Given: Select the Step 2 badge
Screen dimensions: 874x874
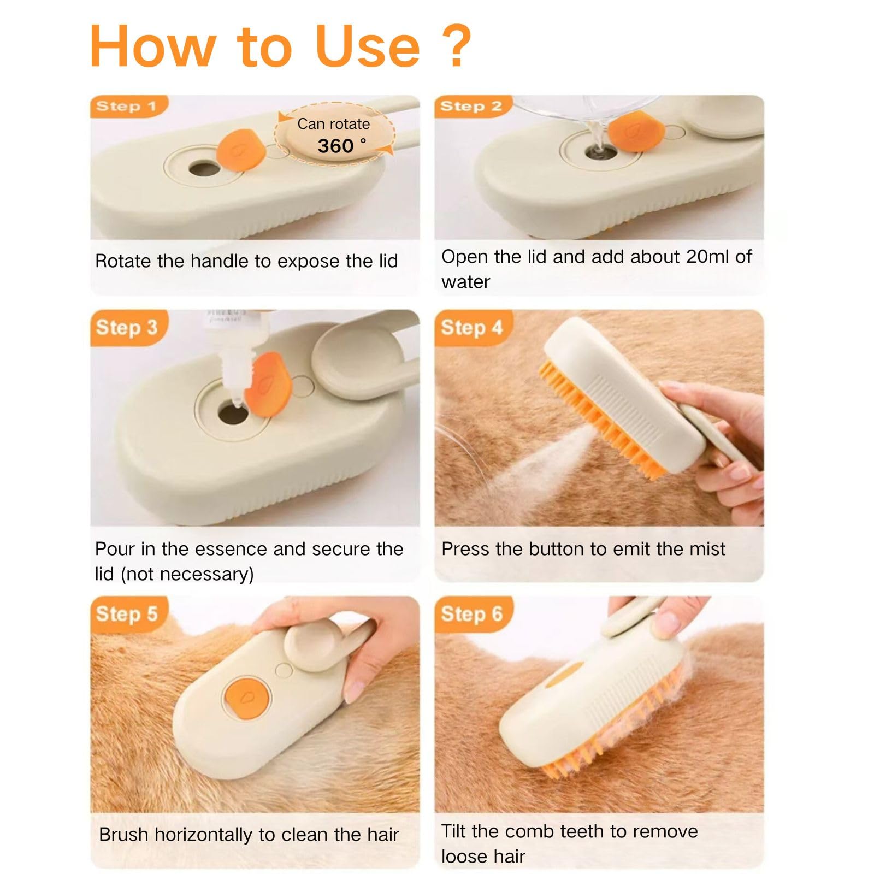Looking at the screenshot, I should [471, 106].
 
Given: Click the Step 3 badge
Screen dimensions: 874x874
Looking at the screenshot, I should [127, 328].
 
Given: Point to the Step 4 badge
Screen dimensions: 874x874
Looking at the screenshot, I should [471, 328].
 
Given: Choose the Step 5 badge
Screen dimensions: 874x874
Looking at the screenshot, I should [127, 613].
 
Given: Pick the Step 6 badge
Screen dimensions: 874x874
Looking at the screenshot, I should [471, 613].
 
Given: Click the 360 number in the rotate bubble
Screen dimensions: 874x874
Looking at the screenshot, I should [335, 146].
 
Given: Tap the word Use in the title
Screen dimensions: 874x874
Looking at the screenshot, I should [367, 47].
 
